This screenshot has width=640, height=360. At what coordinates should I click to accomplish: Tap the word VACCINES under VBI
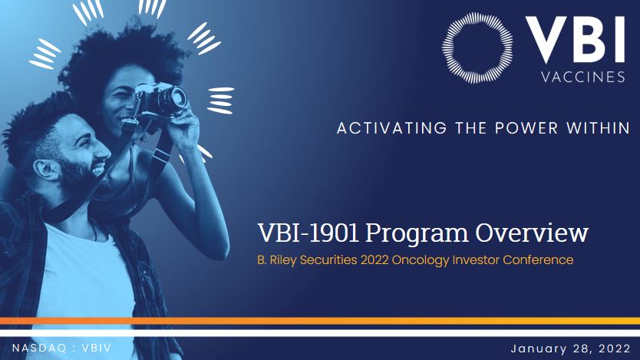coord(583,77)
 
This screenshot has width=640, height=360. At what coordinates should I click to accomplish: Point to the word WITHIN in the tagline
coord(598,128)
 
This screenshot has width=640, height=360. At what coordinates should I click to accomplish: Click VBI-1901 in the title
coord(308,233)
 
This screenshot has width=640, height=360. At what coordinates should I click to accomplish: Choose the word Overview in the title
coord(532,233)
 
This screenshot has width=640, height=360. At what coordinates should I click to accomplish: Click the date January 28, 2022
coord(571,348)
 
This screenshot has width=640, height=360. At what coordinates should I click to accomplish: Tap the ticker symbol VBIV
coord(97,348)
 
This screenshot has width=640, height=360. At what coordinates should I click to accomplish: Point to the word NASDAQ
coord(39,348)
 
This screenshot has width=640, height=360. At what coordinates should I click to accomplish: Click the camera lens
coord(174,99)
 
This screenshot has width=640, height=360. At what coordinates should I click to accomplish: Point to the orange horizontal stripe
coord(320,321)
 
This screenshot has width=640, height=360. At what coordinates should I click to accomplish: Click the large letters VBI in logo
coord(575,40)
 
